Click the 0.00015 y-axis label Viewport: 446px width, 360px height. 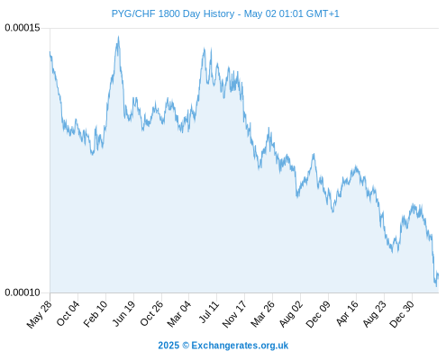tap(23, 28)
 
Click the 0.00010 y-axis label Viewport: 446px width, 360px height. tap(23, 292)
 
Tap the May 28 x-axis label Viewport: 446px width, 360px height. tap(40, 314)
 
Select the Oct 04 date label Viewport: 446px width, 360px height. tap(68, 314)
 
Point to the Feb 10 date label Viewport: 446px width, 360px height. tap(96, 314)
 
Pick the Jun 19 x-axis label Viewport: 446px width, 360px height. tap(123, 314)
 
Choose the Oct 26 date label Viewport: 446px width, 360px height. tap(151, 314)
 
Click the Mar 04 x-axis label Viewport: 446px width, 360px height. tap(179, 314)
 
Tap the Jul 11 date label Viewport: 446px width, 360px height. tap(209, 312)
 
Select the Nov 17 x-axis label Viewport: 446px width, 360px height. tap(234, 314)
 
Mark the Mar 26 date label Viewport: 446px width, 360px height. tap(262, 314)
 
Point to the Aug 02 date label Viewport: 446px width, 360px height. tap(291, 314)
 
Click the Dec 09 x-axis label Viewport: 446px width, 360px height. tap(318, 314)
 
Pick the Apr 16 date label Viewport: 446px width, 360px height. tap(347, 313)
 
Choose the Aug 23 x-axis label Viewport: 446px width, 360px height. tap(374, 314)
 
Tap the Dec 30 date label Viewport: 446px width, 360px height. tap(402, 314)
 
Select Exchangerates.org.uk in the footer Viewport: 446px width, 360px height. tap(240, 346)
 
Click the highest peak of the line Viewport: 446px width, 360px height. tap(118, 37)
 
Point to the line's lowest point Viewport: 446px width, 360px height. tap(436, 286)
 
